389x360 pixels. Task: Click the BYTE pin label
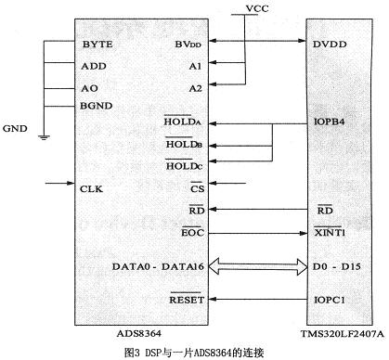coord(97,45)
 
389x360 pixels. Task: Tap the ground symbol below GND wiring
coord(44,137)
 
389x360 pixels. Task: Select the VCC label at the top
coord(257,8)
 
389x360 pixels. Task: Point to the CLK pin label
coord(91,189)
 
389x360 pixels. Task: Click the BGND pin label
coord(96,106)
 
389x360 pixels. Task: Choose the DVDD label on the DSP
coord(330,45)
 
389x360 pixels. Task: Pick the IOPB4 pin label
coord(330,122)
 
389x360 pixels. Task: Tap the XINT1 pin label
coord(330,232)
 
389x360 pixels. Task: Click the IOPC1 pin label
coord(330,300)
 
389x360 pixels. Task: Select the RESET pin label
coord(187,299)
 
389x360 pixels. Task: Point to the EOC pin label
coord(192,232)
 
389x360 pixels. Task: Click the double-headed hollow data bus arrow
coord(258,266)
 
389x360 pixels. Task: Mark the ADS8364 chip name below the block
coord(139,333)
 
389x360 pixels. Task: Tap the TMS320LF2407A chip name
coord(343,334)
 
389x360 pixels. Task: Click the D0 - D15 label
coord(337,266)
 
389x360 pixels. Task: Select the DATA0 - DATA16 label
coord(158,266)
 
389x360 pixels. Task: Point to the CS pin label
coord(197,187)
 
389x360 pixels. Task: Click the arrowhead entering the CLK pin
coord(71,183)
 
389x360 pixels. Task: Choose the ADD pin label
coord(94,66)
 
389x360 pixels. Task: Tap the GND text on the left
coord(15,128)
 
